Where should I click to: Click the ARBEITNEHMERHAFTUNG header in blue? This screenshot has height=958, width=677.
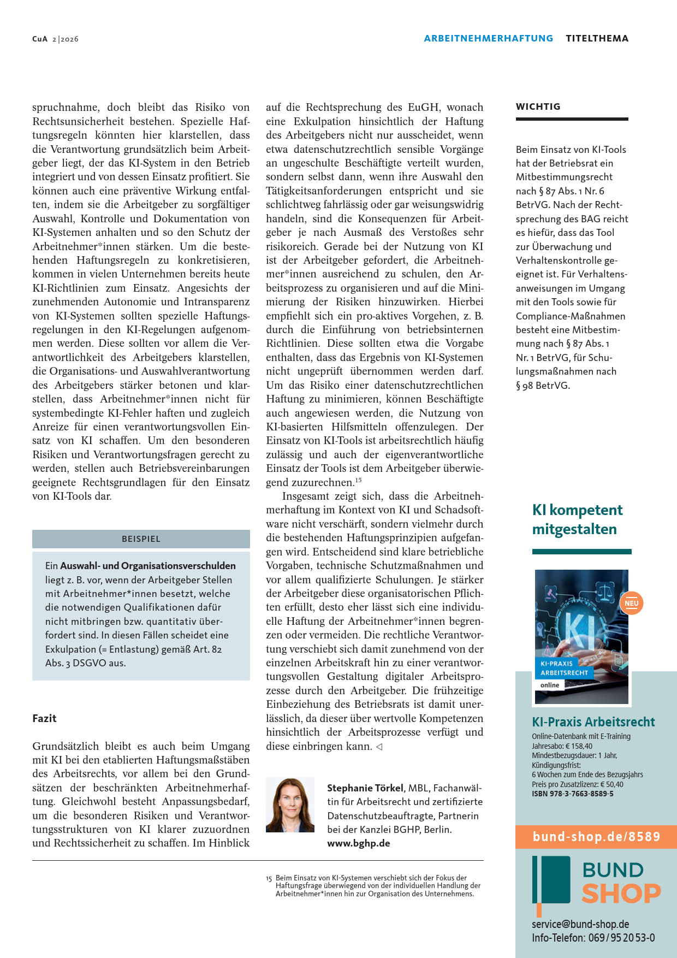coord(488,38)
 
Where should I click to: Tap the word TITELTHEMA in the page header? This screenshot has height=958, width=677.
coord(597,38)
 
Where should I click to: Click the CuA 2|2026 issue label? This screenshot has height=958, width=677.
coord(55,39)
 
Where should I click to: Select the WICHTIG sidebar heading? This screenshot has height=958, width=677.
coord(538,107)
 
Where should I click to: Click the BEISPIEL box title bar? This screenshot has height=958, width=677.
coord(141,539)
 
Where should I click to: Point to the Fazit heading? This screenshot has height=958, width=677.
coord(44,718)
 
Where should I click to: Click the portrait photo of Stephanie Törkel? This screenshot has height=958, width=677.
coord(290,805)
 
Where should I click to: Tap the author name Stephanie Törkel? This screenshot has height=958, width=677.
coord(365,788)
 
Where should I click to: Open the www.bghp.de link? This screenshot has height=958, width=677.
coord(358,843)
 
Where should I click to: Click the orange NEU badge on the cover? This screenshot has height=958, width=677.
coord(631,604)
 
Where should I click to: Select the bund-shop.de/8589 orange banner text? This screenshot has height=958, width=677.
coord(596,837)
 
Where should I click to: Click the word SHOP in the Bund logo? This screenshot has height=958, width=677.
coord(621,894)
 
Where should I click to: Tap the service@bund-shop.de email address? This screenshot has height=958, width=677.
coord(580,924)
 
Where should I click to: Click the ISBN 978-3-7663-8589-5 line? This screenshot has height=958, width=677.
coord(572,794)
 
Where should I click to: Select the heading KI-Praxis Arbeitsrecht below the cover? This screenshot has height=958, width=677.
coord(593,722)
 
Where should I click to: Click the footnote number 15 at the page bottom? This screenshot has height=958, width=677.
coord(269,878)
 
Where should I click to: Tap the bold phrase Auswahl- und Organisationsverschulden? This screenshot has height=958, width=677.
coord(147,566)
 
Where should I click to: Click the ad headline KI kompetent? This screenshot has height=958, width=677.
coord(577,510)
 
